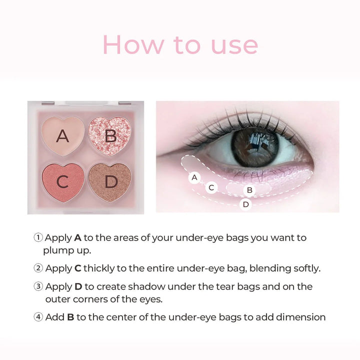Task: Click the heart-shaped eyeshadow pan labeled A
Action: [x=62, y=135]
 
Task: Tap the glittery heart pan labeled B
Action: [x=110, y=135]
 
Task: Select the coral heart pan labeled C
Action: [x=62, y=181]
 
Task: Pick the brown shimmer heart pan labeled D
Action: [x=110, y=181]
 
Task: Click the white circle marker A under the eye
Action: [x=194, y=177]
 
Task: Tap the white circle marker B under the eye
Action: [x=249, y=190]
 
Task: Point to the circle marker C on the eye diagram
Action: [x=211, y=187]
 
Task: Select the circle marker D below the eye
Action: [x=245, y=204]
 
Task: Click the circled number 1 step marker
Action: [x=38, y=237]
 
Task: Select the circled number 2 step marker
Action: [x=38, y=268]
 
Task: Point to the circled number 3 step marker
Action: [x=38, y=286]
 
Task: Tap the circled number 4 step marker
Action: [x=38, y=317]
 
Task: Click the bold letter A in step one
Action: [x=77, y=237]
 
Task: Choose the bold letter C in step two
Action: [x=77, y=268]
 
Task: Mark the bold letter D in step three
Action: [x=78, y=286]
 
